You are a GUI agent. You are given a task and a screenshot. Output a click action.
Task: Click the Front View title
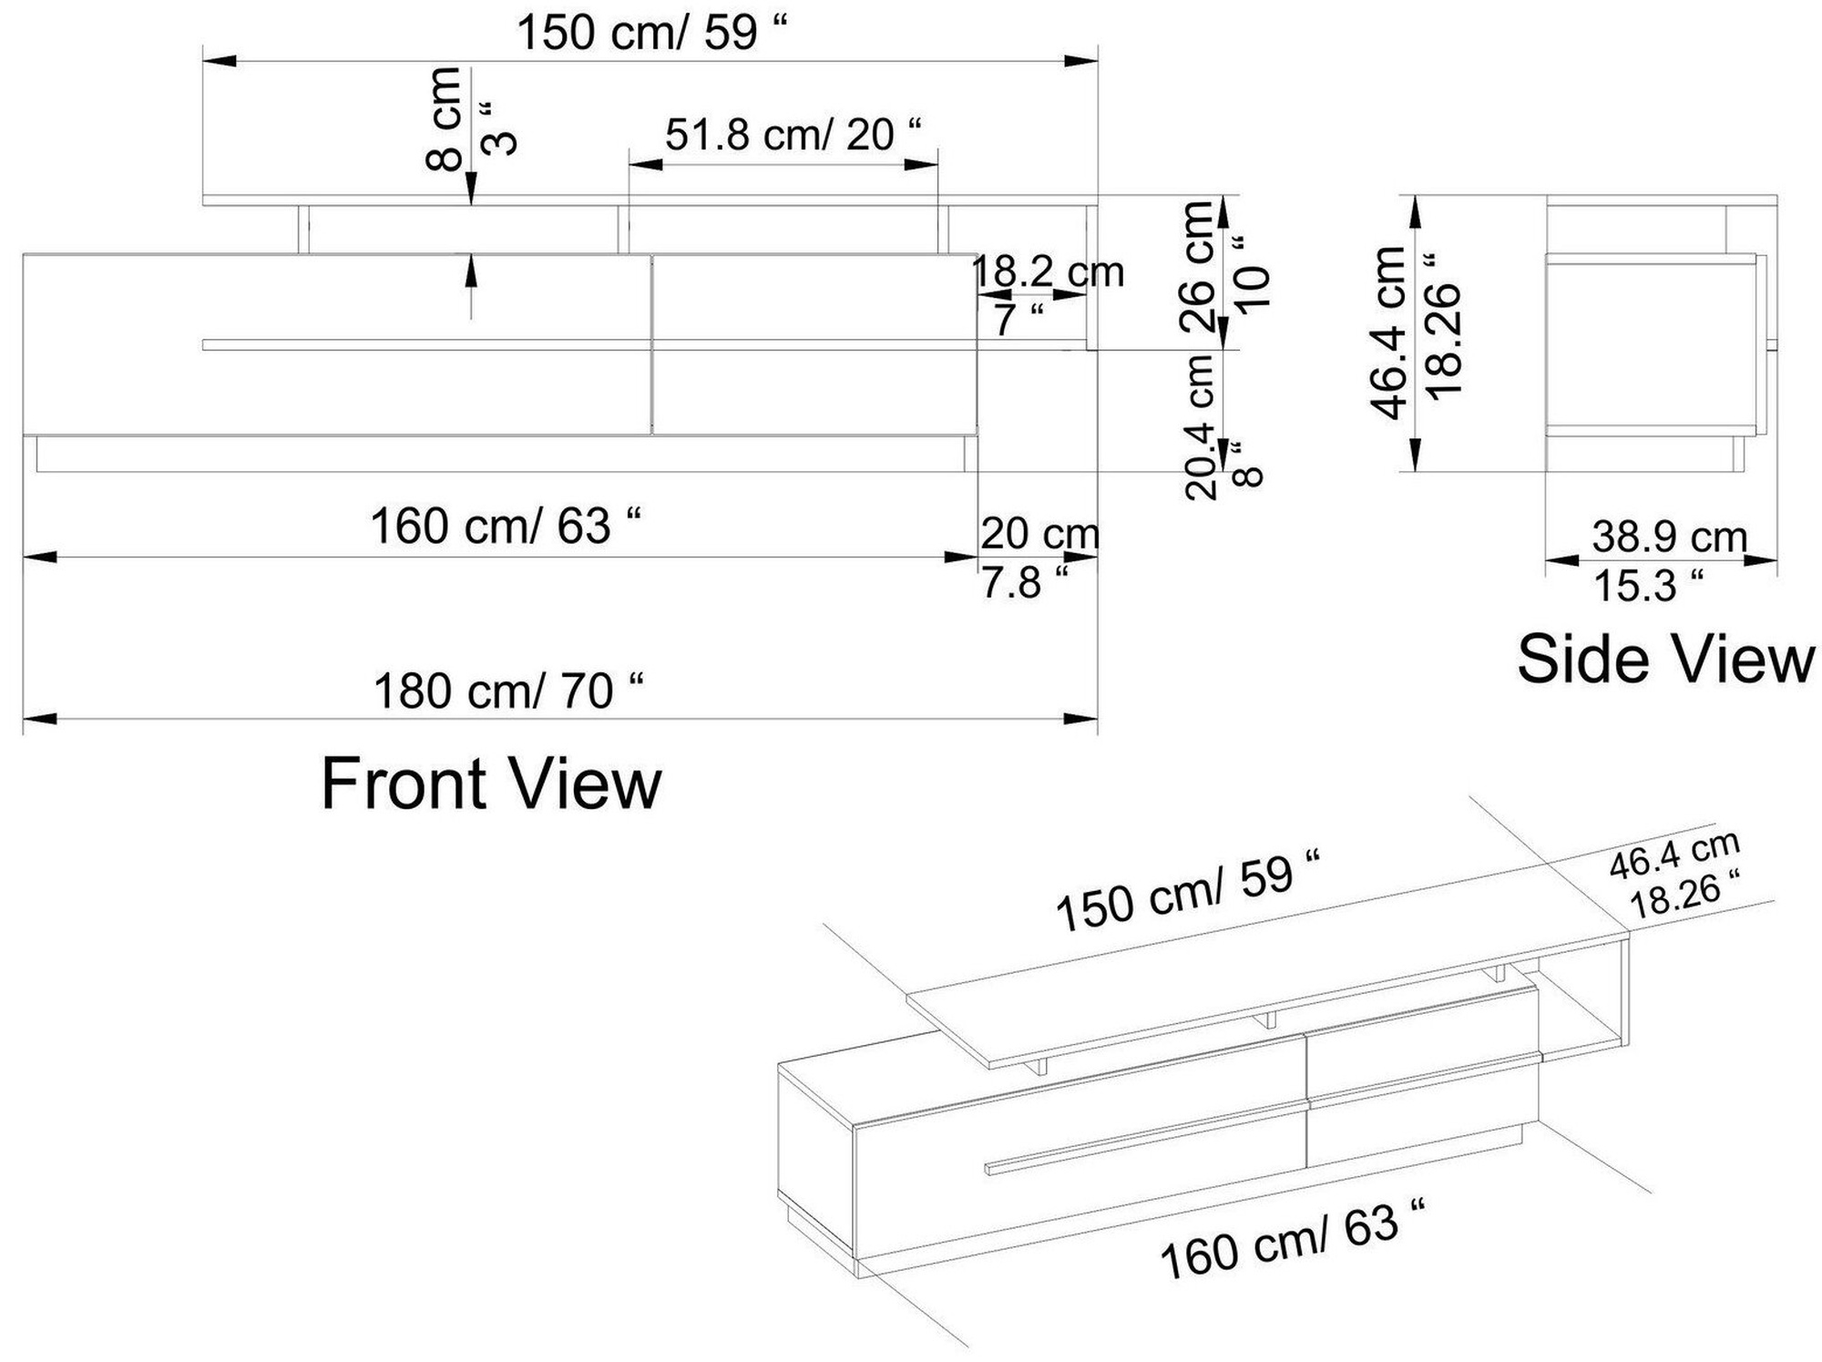click(491, 784)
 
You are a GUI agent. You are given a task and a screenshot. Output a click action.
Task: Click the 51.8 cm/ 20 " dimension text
click(792, 135)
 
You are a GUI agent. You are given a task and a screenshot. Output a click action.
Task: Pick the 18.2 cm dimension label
click(1049, 271)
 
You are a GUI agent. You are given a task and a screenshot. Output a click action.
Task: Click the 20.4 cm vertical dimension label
click(1202, 425)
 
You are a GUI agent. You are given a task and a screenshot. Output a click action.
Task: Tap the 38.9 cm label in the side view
click(1669, 537)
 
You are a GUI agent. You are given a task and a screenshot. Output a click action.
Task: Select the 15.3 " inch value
click(1647, 586)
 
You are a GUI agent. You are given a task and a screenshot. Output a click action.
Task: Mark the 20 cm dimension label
click(1039, 534)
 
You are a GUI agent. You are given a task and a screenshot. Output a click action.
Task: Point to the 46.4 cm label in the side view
click(1390, 333)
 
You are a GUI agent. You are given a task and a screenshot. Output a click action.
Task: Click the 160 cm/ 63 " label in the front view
click(505, 527)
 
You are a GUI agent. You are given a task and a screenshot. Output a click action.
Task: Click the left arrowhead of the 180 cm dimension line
click(40, 719)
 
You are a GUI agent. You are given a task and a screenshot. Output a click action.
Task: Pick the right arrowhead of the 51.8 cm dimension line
click(921, 165)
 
